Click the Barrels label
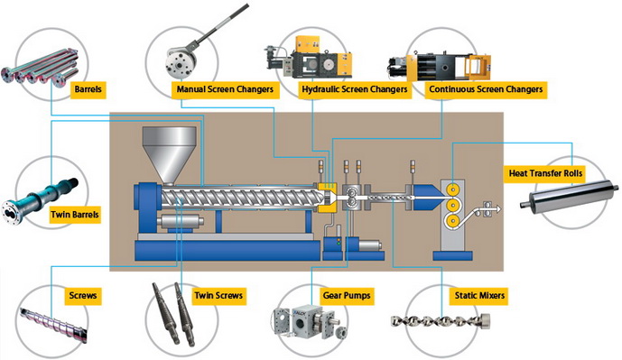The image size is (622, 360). click(x=88, y=89)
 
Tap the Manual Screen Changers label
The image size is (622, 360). click(x=225, y=89)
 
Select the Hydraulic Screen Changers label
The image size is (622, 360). click(x=355, y=89)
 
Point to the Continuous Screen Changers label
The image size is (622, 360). click(x=486, y=89)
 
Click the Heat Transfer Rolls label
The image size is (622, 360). click(x=545, y=173)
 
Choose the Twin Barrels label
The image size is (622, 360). click(x=75, y=215)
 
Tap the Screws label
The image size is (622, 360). click(x=83, y=295)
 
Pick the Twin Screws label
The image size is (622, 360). click(x=218, y=295)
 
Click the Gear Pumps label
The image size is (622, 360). click(x=347, y=295)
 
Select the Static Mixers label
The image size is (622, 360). click(x=479, y=295)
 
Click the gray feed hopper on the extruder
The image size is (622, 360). click(x=170, y=155)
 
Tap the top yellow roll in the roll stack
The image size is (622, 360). click(x=452, y=189)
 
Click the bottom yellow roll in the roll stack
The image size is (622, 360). click(x=452, y=221)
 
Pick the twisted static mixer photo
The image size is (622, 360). click(x=441, y=320)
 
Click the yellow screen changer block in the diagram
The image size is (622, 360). click(x=328, y=197)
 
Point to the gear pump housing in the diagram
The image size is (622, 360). click(x=352, y=198)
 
